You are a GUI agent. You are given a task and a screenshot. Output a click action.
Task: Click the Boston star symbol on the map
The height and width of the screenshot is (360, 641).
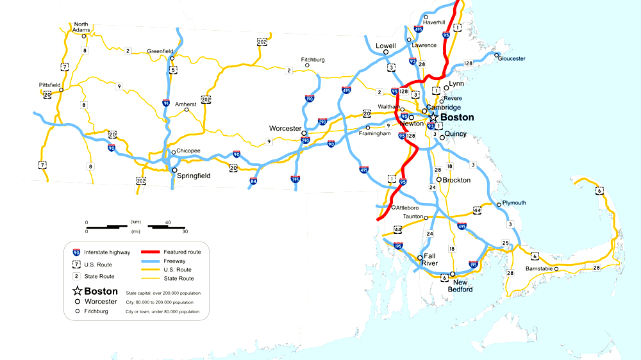[x=433, y=118]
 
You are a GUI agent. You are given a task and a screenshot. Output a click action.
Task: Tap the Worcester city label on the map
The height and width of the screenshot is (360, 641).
[x=285, y=129]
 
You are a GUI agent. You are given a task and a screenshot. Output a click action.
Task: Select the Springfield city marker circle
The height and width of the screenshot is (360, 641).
[x=174, y=170]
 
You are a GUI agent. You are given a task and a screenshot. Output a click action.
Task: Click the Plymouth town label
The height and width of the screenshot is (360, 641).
[x=514, y=203]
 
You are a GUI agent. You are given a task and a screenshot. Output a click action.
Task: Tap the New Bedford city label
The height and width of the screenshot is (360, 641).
[x=463, y=286]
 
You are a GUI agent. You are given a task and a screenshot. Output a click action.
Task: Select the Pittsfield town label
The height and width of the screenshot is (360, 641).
[x=49, y=85]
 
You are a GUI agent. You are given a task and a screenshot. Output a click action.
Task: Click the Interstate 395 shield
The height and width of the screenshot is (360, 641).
[x=295, y=179]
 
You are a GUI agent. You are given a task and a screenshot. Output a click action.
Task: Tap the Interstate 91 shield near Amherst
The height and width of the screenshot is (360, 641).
[x=166, y=102]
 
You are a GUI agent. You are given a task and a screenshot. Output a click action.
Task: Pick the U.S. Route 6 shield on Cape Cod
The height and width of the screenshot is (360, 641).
[x=599, y=190]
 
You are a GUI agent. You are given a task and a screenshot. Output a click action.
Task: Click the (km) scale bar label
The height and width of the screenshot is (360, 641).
[x=135, y=222]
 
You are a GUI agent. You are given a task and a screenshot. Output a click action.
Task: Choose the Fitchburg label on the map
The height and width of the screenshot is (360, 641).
[x=313, y=60]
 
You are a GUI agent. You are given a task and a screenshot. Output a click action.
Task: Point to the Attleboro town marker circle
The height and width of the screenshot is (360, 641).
[x=393, y=207]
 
